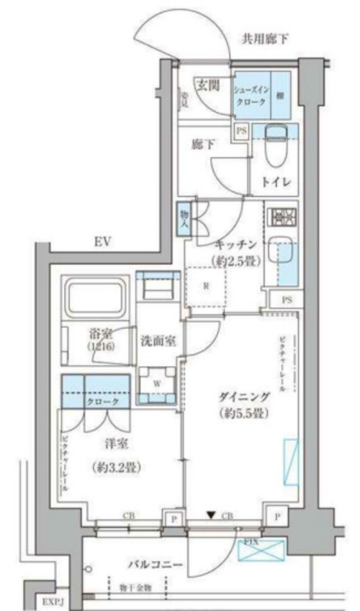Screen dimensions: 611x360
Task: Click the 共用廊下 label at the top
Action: pyautogui.click(x=265, y=39)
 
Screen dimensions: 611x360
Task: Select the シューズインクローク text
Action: pyautogui.click(x=251, y=95)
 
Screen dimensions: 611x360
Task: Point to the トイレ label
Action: pyautogui.click(x=276, y=183)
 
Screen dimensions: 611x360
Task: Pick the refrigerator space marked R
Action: pyautogui.click(x=205, y=285)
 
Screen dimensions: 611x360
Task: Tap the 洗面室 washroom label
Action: pyautogui.click(x=158, y=341)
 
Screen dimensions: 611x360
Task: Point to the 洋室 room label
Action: pyautogui.click(x=113, y=443)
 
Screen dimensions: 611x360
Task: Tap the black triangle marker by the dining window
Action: pyautogui.click(x=210, y=514)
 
